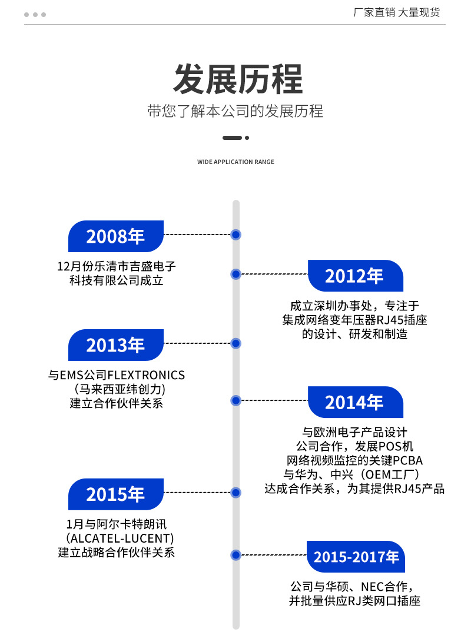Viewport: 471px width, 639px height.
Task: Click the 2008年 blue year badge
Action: (116, 236)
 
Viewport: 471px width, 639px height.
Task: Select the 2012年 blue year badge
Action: (356, 276)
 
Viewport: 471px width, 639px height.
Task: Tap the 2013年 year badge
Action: (116, 345)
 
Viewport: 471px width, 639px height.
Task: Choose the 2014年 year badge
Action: (356, 402)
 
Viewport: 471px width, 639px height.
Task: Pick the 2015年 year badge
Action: (116, 494)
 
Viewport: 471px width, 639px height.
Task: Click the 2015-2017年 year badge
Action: (356, 557)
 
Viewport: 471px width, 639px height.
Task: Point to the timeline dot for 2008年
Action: (236, 235)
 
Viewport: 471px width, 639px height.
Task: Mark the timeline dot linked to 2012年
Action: (236, 275)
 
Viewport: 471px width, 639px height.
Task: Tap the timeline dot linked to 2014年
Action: (236, 400)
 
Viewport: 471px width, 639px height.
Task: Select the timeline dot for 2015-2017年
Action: (236, 555)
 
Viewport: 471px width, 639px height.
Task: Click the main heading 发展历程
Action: (238, 79)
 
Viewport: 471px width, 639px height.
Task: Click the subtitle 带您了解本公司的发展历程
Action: (235, 111)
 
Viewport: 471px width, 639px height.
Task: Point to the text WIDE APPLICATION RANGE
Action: (235, 162)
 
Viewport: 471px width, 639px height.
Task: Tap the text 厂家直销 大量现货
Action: (396, 12)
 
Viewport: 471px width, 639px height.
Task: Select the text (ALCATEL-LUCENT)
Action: (120, 538)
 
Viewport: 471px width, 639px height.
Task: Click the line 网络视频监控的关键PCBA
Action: (354, 460)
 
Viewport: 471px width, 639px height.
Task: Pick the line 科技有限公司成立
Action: (117, 280)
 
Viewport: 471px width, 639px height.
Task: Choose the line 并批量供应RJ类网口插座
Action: (354, 601)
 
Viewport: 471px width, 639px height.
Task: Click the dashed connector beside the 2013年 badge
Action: (197, 343)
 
